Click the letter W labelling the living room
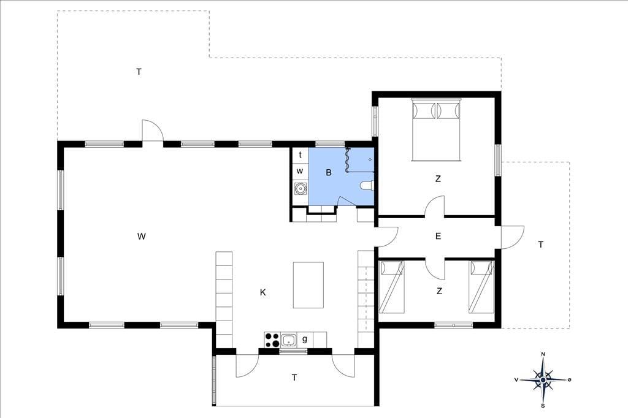click(x=142, y=236)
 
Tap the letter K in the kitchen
click(x=262, y=293)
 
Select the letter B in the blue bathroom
click(x=329, y=173)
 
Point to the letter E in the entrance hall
click(x=438, y=236)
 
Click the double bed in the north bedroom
click(x=437, y=129)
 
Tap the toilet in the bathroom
click(x=367, y=186)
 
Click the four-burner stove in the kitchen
click(x=272, y=340)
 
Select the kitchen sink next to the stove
click(x=288, y=340)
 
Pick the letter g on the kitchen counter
click(x=305, y=340)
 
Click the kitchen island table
click(x=308, y=285)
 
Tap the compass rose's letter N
click(x=543, y=354)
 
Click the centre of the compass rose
click(x=543, y=379)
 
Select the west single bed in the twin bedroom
click(x=391, y=287)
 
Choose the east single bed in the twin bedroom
click(x=481, y=287)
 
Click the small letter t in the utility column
click(x=300, y=155)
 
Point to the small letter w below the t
click(x=300, y=172)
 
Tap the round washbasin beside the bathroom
click(x=300, y=188)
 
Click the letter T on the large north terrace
click(x=139, y=72)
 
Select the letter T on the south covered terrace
click(x=294, y=378)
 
